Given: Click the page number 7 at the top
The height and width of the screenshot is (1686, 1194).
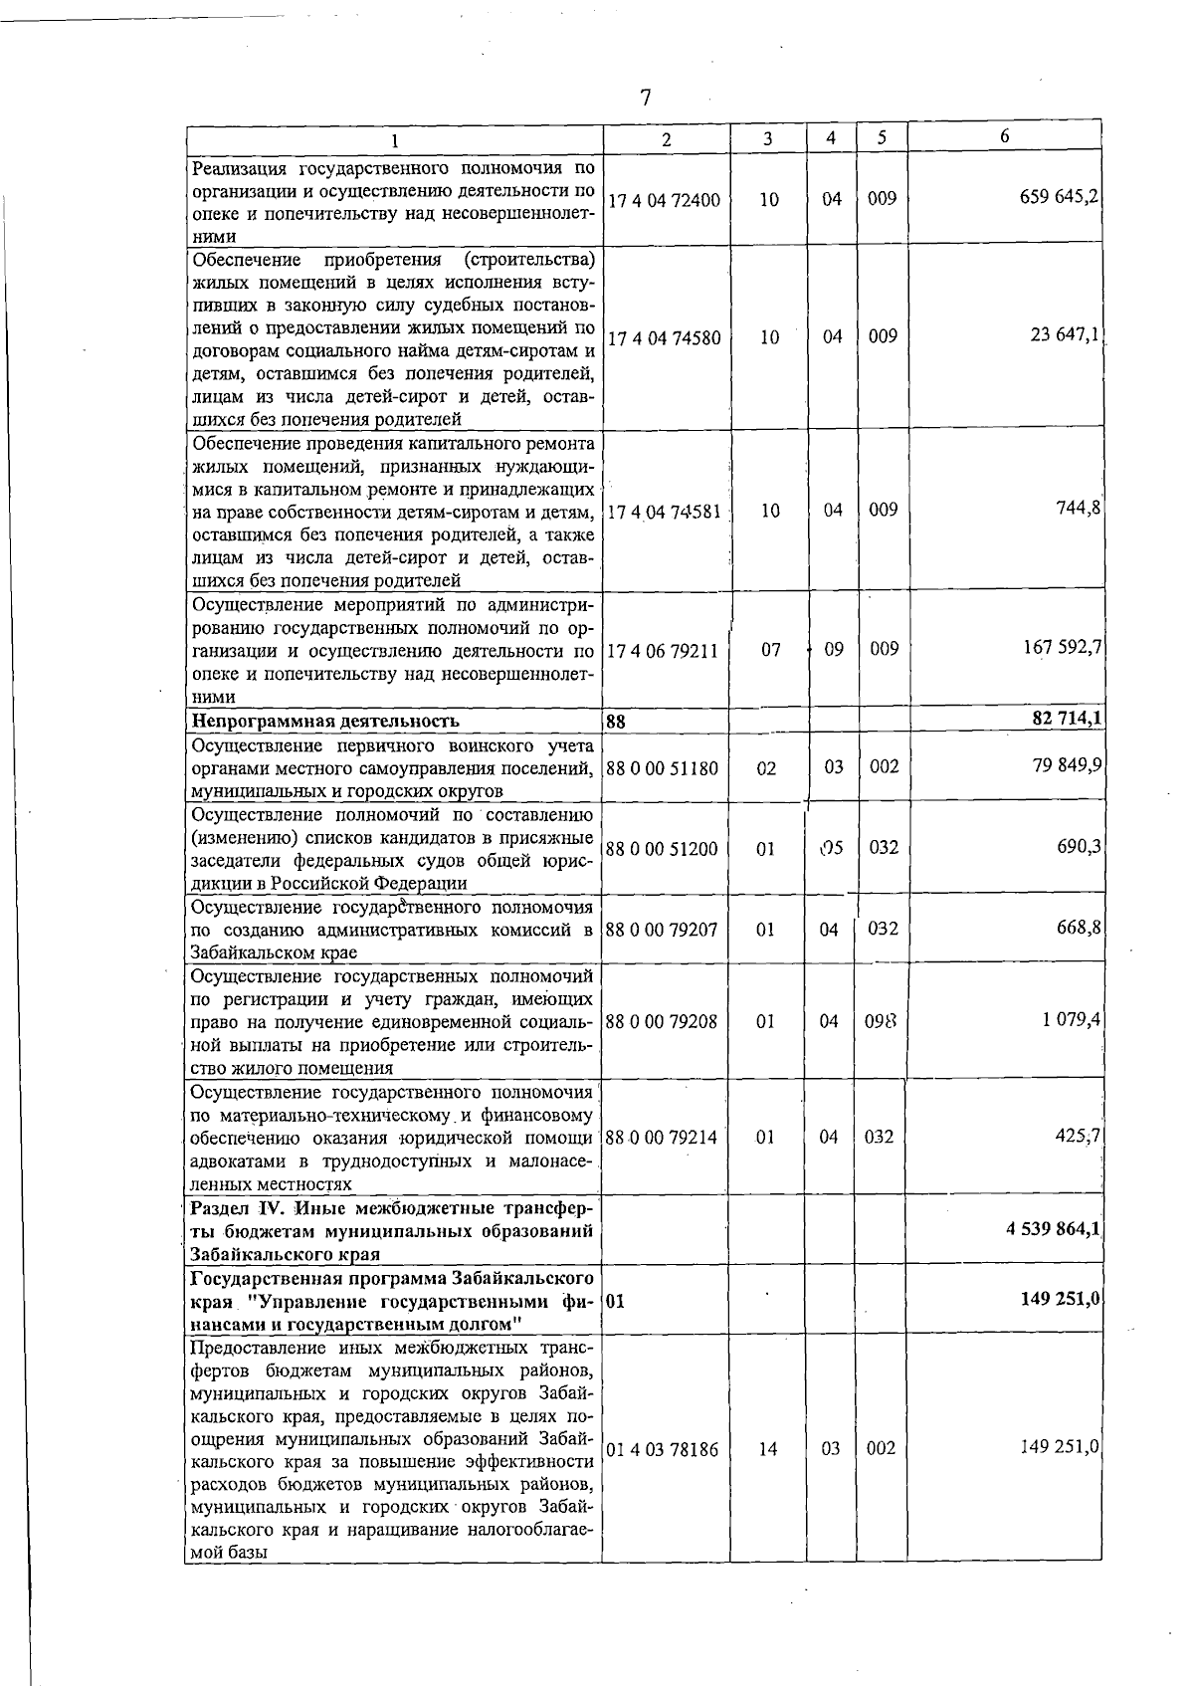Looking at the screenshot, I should (x=646, y=98).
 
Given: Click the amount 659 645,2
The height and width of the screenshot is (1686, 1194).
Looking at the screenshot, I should (x=1060, y=197).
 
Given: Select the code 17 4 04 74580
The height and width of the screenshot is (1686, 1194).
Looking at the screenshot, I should (x=664, y=337).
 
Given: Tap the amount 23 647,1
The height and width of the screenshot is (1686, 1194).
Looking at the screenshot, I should (x=1065, y=335).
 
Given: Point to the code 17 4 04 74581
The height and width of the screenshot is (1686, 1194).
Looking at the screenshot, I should (x=664, y=512).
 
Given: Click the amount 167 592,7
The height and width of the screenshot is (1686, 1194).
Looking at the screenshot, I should (x=1062, y=648).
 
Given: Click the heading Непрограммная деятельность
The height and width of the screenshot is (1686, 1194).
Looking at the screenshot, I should (x=325, y=721).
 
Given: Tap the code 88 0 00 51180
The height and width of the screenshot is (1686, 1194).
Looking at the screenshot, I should (x=662, y=768).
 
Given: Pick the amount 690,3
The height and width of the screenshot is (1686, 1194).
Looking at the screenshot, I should (x=1078, y=846).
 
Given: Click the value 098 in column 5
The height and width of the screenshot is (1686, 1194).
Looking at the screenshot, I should (x=883, y=1021).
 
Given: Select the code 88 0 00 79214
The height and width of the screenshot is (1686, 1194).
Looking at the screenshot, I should (x=662, y=1137).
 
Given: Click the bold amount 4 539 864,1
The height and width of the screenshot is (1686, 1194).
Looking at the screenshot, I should (x=1053, y=1228).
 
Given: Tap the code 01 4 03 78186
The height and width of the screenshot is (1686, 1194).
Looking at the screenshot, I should (x=663, y=1449).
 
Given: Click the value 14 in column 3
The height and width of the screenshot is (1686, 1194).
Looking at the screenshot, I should (x=767, y=1449).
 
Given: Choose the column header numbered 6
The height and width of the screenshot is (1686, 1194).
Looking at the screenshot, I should (x=1005, y=136).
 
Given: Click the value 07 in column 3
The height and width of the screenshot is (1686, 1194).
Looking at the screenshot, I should (x=770, y=650).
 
